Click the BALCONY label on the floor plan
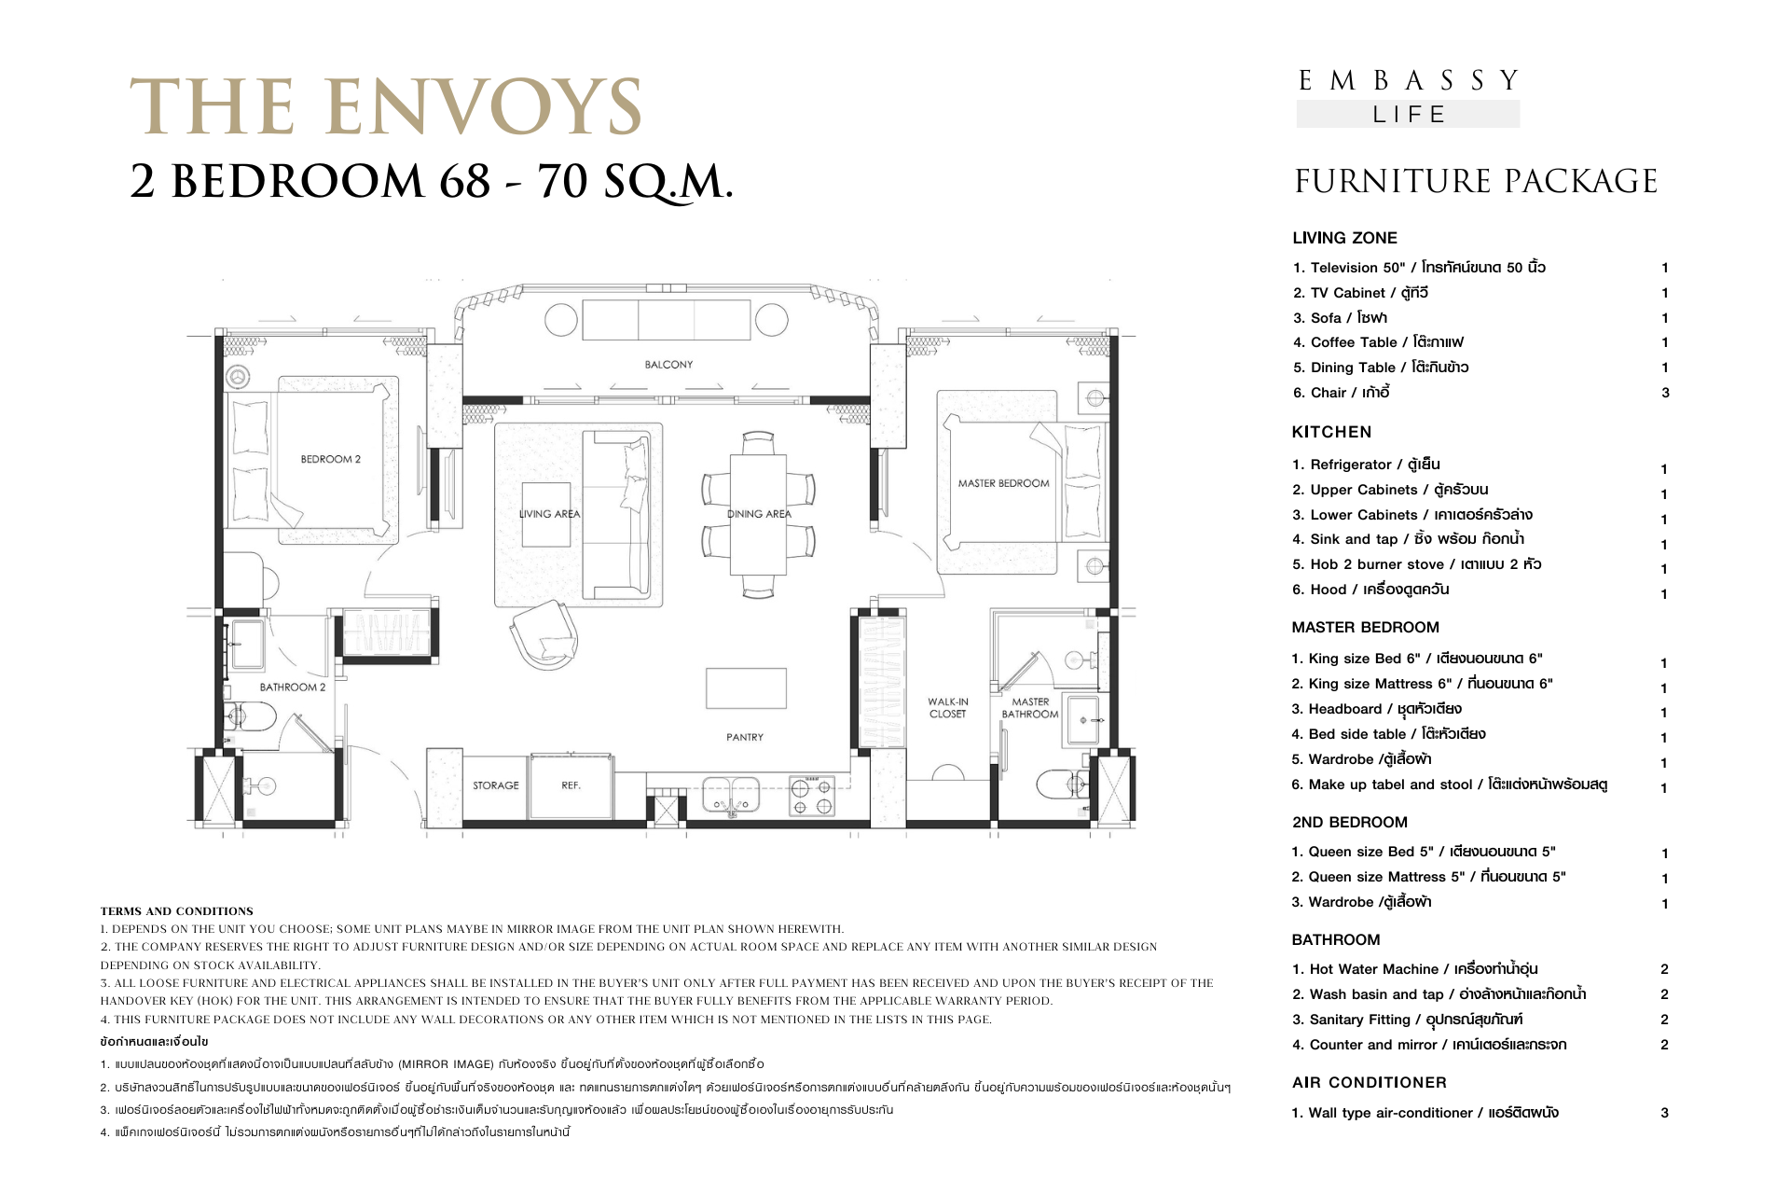coord(668,365)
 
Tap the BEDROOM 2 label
coord(330,459)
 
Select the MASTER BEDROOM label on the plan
coord(1003,483)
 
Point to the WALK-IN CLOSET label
coord(948,708)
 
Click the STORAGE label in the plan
coord(496,785)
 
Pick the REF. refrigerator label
coord(571,785)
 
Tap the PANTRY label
coord(745,737)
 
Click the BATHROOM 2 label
coord(293,687)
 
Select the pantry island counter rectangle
coord(746,688)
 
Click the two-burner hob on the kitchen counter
coord(812,796)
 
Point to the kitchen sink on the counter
coord(731,796)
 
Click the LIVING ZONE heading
coord(1344,238)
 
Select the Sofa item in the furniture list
coord(1340,318)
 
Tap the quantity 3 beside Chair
coord(1665,393)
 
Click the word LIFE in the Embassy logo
coord(1409,115)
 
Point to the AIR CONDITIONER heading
coord(1370,1082)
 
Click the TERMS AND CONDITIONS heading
coord(177,911)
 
